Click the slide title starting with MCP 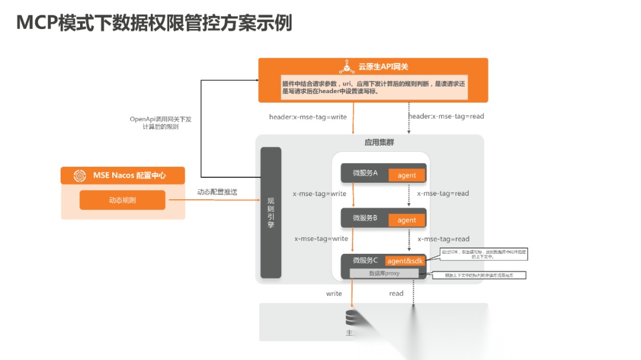point(154,23)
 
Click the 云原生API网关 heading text point(383,66)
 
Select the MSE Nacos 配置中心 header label point(129,176)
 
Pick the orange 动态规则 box point(122,200)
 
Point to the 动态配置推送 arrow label point(217,192)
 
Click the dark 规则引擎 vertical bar point(271,212)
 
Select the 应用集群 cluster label point(379,143)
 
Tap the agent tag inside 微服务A point(407,175)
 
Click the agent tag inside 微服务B point(407,220)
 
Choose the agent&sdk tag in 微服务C point(406,261)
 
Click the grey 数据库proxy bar point(384,273)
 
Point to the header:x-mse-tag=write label point(307,117)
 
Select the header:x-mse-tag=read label point(446,116)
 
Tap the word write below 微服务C point(334,294)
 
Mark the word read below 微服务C point(396,294)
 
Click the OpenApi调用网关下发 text point(160,119)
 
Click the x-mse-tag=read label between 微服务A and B point(443,193)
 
